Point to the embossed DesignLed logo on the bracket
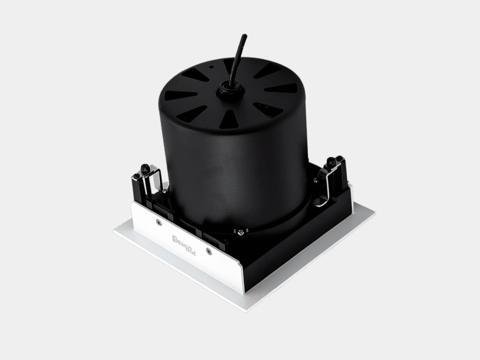coord(185,240)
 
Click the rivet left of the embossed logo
coord(158,221)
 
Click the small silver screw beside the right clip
coord(316,181)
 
